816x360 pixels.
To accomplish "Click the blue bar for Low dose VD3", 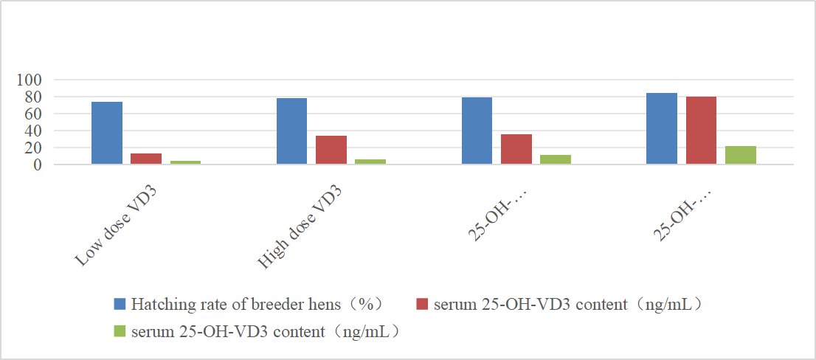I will [x=107, y=133].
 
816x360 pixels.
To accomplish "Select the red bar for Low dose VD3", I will [x=146, y=159].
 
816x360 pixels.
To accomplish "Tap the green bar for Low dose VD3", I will [x=185, y=162].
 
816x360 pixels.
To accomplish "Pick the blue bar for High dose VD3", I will [x=291, y=131].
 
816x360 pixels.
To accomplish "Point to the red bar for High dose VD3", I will [x=331, y=150].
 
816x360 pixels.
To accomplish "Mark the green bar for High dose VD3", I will [x=370, y=162].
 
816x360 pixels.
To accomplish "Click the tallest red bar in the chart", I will [x=701, y=131].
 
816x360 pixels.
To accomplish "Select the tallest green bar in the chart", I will [x=741, y=155].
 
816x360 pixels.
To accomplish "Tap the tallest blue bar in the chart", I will [x=662, y=128].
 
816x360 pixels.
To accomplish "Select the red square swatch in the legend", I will [x=422, y=304].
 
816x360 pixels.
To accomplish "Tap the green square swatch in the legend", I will [x=120, y=331].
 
